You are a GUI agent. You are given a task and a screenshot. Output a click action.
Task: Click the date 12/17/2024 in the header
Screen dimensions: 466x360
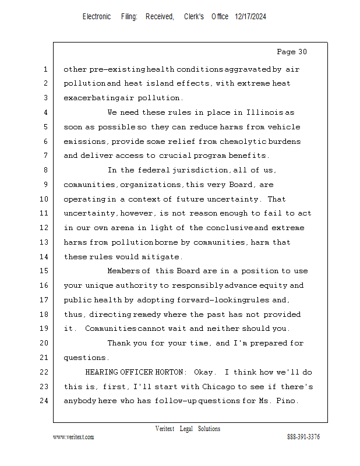click(x=250, y=17)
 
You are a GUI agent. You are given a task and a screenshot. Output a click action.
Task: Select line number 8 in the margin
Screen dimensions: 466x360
click(x=45, y=170)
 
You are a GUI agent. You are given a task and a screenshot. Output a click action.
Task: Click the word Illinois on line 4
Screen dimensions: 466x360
click(x=264, y=112)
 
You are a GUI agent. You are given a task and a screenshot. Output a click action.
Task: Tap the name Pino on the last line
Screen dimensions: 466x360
click(x=287, y=401)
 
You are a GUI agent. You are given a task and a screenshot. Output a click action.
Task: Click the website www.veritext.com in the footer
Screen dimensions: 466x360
click(x=73, y=437)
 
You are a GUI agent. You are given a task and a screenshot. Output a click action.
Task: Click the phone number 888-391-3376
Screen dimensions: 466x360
click(x=303, y=437)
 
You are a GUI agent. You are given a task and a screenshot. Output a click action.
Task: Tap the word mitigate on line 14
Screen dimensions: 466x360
click(x=164, y=256)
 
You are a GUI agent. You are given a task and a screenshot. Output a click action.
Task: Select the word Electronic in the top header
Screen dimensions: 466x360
click(x=97, y=17)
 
